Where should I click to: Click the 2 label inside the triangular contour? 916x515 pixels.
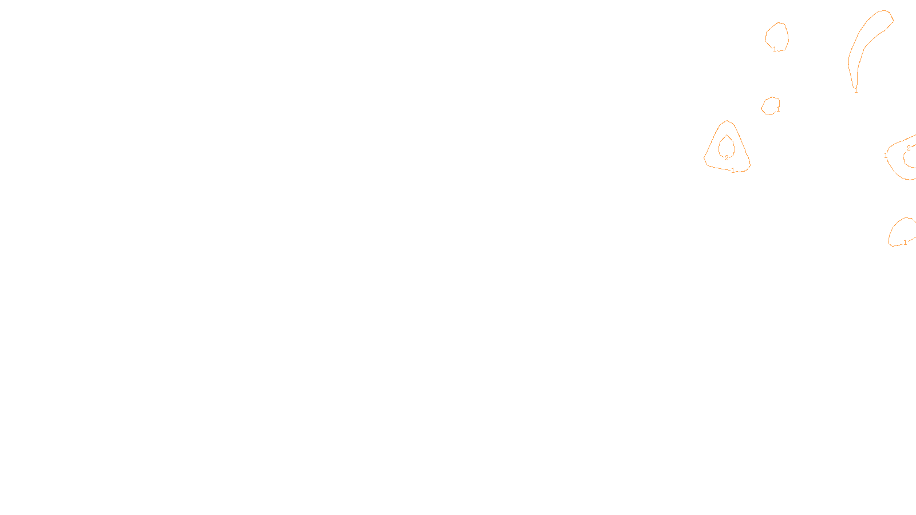pyautogui.click(x=727, y=158)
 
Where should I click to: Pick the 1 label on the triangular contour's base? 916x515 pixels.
pyautogui.click(x=733, y=171)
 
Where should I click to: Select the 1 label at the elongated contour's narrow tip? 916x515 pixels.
pyautogui.click(x=856, y=90)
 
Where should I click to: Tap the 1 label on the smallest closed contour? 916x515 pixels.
pyautogui.click(x=778, y=109)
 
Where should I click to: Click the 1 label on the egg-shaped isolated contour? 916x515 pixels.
pyautogui.click(x=775, y=49)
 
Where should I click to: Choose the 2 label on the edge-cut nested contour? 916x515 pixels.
pyautogui.click(x=909, y=148)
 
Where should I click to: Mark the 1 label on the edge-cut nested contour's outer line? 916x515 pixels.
pyautogui.click(x=886, y=156)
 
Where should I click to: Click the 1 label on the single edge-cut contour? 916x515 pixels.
pyautogui.click(x=905, y=243)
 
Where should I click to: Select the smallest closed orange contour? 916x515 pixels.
pyautogui.click(x=771, y=106)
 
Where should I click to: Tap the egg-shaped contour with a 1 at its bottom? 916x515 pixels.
pyautogui.click(x=777, y=37)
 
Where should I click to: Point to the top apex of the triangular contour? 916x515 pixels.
pyautogui.click(x=727, y=121)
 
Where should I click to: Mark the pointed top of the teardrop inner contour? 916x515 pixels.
pyautogui.click(x=727, y=136)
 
